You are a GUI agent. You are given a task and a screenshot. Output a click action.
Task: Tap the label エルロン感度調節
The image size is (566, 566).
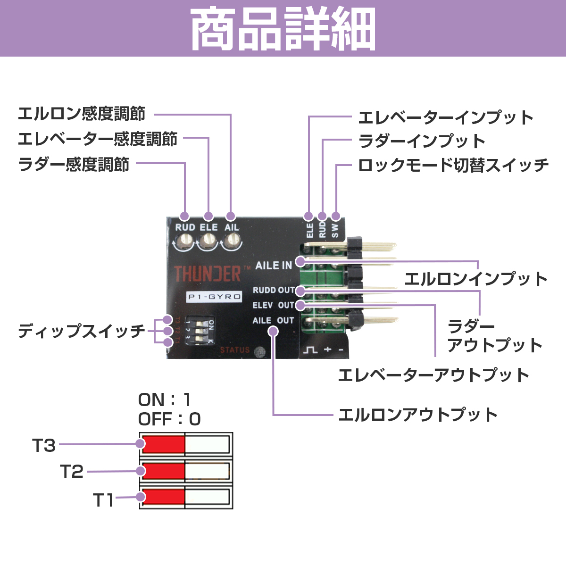click(82, 114)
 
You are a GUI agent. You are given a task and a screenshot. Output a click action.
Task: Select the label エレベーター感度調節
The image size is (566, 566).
click(98, 139)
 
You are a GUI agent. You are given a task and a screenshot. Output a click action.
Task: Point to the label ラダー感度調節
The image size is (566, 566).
click(74, 165)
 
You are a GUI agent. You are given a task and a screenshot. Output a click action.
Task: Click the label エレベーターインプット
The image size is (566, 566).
click(446, 117)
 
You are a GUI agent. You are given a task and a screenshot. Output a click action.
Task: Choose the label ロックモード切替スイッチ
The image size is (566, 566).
click(453, 166)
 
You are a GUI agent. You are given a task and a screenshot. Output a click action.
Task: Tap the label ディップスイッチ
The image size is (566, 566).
click(82, 331)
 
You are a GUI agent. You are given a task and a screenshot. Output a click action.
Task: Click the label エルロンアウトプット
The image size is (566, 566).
click(418, 415)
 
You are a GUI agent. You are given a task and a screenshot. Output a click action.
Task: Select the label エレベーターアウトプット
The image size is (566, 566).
click(433, 375)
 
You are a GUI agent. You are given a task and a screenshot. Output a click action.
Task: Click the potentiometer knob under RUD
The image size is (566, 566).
click(184, 242)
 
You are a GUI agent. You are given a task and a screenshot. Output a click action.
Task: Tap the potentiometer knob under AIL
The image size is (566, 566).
click(231, 242)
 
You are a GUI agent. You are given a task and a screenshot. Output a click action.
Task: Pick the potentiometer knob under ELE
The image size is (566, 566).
click(208, 242)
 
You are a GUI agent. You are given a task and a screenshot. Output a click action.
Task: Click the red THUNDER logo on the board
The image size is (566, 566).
click(208, 274)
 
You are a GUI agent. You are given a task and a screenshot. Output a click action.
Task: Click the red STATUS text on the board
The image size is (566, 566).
click(234, 350)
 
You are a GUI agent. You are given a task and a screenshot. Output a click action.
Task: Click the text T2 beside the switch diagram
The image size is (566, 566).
click(72, 471)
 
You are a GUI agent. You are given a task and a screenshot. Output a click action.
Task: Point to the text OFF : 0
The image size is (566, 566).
click(169, 419)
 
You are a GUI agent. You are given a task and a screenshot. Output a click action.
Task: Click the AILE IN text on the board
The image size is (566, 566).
click(274, 266)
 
